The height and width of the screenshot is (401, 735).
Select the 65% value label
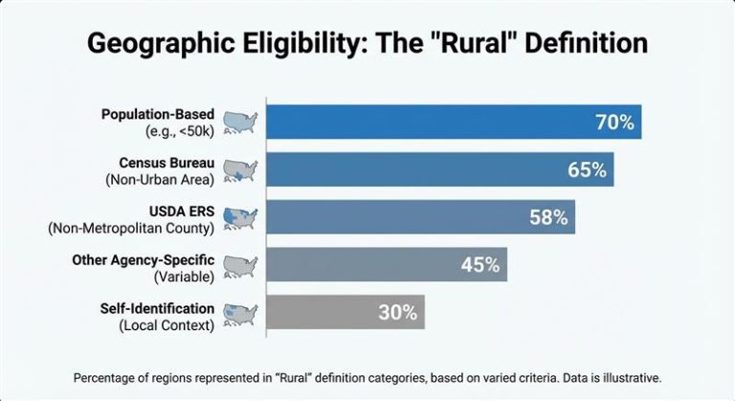[586, 170]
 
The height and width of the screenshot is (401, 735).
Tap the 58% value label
[548, 217]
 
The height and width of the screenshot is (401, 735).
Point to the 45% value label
[480, 265]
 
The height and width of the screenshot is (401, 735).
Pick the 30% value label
[396, 312]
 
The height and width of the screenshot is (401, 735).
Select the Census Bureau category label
[167, 163]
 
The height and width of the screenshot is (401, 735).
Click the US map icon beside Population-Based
[241, 122]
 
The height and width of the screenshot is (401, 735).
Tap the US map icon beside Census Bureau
[241, 169]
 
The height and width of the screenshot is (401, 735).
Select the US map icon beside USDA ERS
[241, 217]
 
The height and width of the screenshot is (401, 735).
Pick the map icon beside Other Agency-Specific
[241, 265]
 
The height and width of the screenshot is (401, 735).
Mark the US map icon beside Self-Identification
[241, 313]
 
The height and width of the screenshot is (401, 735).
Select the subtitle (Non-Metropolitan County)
[130, 228]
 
